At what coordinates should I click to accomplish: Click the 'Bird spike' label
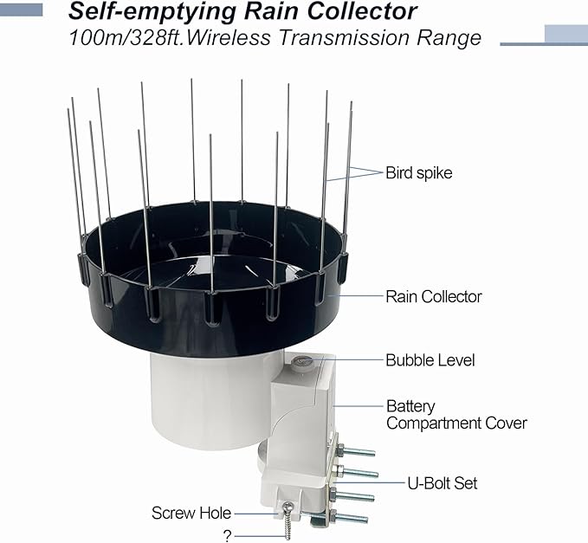click(418, 173)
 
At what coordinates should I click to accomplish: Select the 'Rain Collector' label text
click(433, 296)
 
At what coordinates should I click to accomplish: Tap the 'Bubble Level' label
click(430, 360)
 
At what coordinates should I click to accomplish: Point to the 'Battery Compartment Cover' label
click(456, 415)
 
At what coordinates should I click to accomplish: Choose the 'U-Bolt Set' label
click(442, 482)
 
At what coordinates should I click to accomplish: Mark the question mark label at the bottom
click(227, 536)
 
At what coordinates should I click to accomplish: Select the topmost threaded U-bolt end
click(358, 451)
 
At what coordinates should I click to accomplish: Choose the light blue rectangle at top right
click(565, 34)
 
